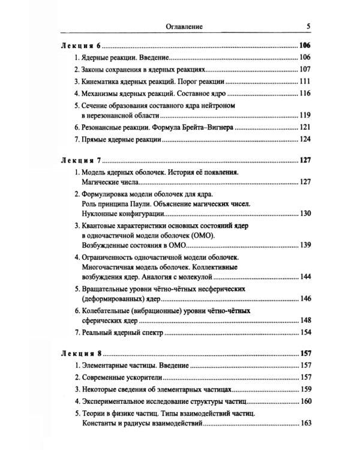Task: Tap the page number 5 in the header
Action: [x=308, y=26]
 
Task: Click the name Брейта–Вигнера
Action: [x=223, y=128]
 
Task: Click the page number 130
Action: [x=307, y=214]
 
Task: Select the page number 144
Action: [x=307, y=277]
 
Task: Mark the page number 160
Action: [x=307, y=401]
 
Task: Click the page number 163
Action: [x=307, y=424]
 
